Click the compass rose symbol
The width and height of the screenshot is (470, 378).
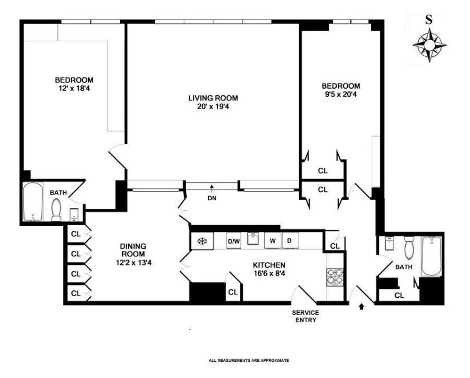[x=429, y=45]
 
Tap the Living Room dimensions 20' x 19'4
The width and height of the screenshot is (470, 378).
[x=209, y=107]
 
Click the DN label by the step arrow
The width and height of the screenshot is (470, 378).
[x=212, y=197]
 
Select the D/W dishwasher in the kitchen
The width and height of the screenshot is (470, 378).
[x=233, y=241]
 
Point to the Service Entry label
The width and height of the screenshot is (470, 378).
[x=305, y=316]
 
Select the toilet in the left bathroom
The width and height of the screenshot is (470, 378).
[x=56, y=210]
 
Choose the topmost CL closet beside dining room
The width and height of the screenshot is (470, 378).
[x=76, y=234]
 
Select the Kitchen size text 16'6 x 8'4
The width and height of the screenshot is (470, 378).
[x=268, y=274]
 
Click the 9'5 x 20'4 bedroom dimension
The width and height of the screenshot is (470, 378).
[x=341, y=95]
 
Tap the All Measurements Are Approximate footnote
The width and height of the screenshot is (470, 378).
[x=248, y=361]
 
